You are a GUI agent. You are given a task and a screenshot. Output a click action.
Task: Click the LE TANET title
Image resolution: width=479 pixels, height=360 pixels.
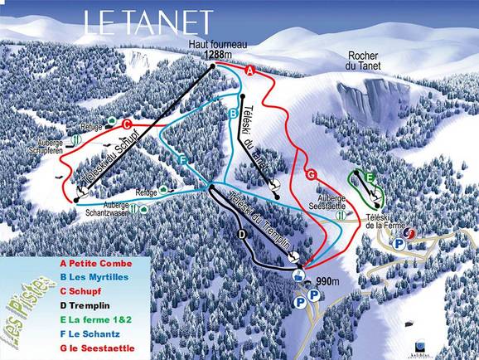(148, 22)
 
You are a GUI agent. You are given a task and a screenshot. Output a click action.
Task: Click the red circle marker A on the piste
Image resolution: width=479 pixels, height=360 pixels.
(249, 71)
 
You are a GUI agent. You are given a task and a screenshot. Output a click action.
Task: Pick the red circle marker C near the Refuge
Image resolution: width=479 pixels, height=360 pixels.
(127, 124)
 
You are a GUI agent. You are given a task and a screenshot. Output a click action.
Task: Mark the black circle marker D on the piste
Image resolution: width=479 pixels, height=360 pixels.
(243, 235)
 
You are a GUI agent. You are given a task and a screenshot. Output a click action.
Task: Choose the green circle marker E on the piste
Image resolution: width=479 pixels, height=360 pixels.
(370, 176)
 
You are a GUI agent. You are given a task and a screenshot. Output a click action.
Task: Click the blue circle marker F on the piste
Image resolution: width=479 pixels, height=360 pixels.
(181, 159)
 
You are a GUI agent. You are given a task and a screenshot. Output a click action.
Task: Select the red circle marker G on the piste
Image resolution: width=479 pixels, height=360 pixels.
(311, 174)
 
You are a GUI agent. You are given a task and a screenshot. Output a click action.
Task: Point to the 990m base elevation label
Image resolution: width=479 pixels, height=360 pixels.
(329, 282)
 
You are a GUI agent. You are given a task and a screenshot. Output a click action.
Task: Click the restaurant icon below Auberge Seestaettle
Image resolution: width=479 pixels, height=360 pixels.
(341, 216)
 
